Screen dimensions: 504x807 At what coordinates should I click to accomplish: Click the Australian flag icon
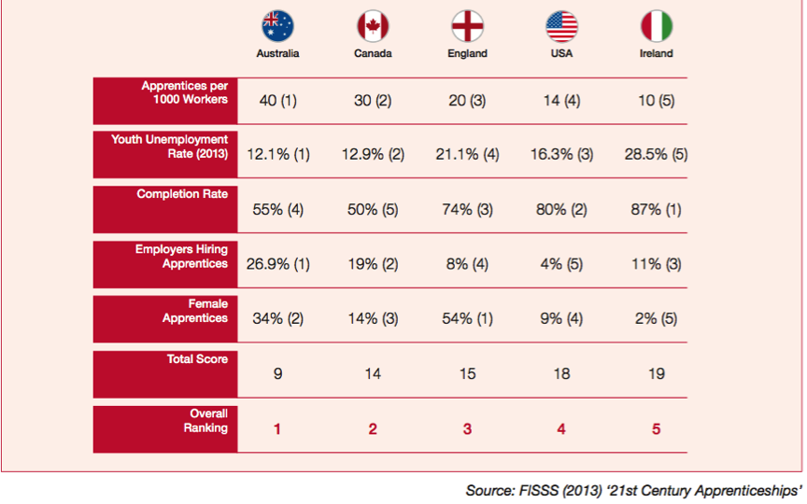pos(277,26)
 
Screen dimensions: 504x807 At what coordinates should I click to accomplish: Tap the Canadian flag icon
pos(373,26)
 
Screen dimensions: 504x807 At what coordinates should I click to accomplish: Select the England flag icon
pos(467,26)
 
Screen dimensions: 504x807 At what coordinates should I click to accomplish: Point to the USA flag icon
pos(561,26)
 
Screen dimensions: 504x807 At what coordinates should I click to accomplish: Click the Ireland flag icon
pos(656,26)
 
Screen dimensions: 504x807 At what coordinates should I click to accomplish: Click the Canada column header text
pos(373,54)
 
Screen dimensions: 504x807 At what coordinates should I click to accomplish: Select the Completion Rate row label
pos(182,194)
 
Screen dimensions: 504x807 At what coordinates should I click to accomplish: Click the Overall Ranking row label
pos(208,420)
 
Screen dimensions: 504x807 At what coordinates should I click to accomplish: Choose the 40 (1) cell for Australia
pos(277,101)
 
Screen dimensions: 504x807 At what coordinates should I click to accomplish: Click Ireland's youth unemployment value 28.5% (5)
pos(656,155)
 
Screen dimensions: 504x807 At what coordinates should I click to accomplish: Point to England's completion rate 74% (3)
pos(467,210)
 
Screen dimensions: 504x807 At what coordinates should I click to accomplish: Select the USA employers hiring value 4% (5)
pos(561,264)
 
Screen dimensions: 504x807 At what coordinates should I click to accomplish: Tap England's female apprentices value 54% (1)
pos(467,318)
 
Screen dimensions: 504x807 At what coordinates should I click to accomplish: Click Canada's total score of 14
pos(373,373)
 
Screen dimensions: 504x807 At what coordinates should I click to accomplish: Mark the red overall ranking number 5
pos(656,428)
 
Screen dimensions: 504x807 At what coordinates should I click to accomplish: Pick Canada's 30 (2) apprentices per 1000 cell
pos(373,101)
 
